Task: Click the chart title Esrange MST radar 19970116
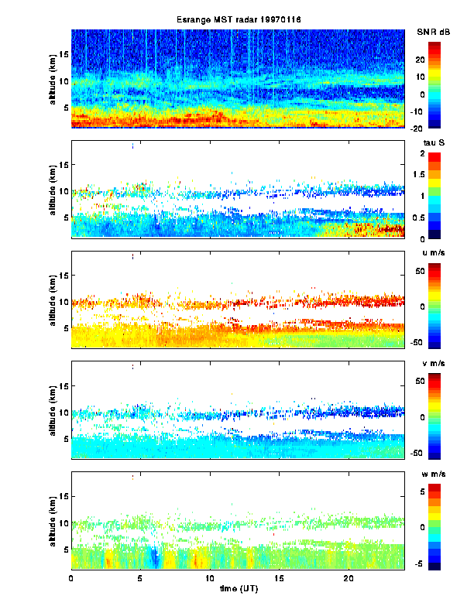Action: [x=238, y=19]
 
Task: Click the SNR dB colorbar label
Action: [x=433, y=32]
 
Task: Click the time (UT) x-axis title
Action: [x=238, y=589]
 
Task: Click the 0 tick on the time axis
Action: [x=71, y=578]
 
